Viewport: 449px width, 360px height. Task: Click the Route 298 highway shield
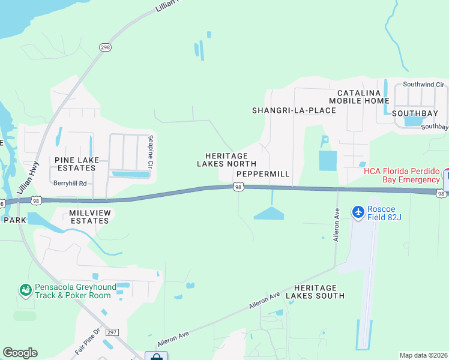pyautogui.click(x=105, y=47)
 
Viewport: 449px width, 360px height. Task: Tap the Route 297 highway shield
pyautogui.click(x=111, y=332)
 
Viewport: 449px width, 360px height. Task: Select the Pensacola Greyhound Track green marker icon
pyautogui.click(x=25, y=291)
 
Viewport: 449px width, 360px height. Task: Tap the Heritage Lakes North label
pyautogui.click(x=226, y=160)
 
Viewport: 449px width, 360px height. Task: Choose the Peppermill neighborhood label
pyautogui.click(x=263, y=174)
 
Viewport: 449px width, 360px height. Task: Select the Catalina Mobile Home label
pyautogui.click(x=363, y=97)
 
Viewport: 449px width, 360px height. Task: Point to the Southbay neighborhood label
pyautogui.click(x=415, y=113)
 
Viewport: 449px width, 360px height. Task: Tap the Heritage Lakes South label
pyautogui.click(x=315, y=292)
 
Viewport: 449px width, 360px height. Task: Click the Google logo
pyautogui.click(x=20, y=353)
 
